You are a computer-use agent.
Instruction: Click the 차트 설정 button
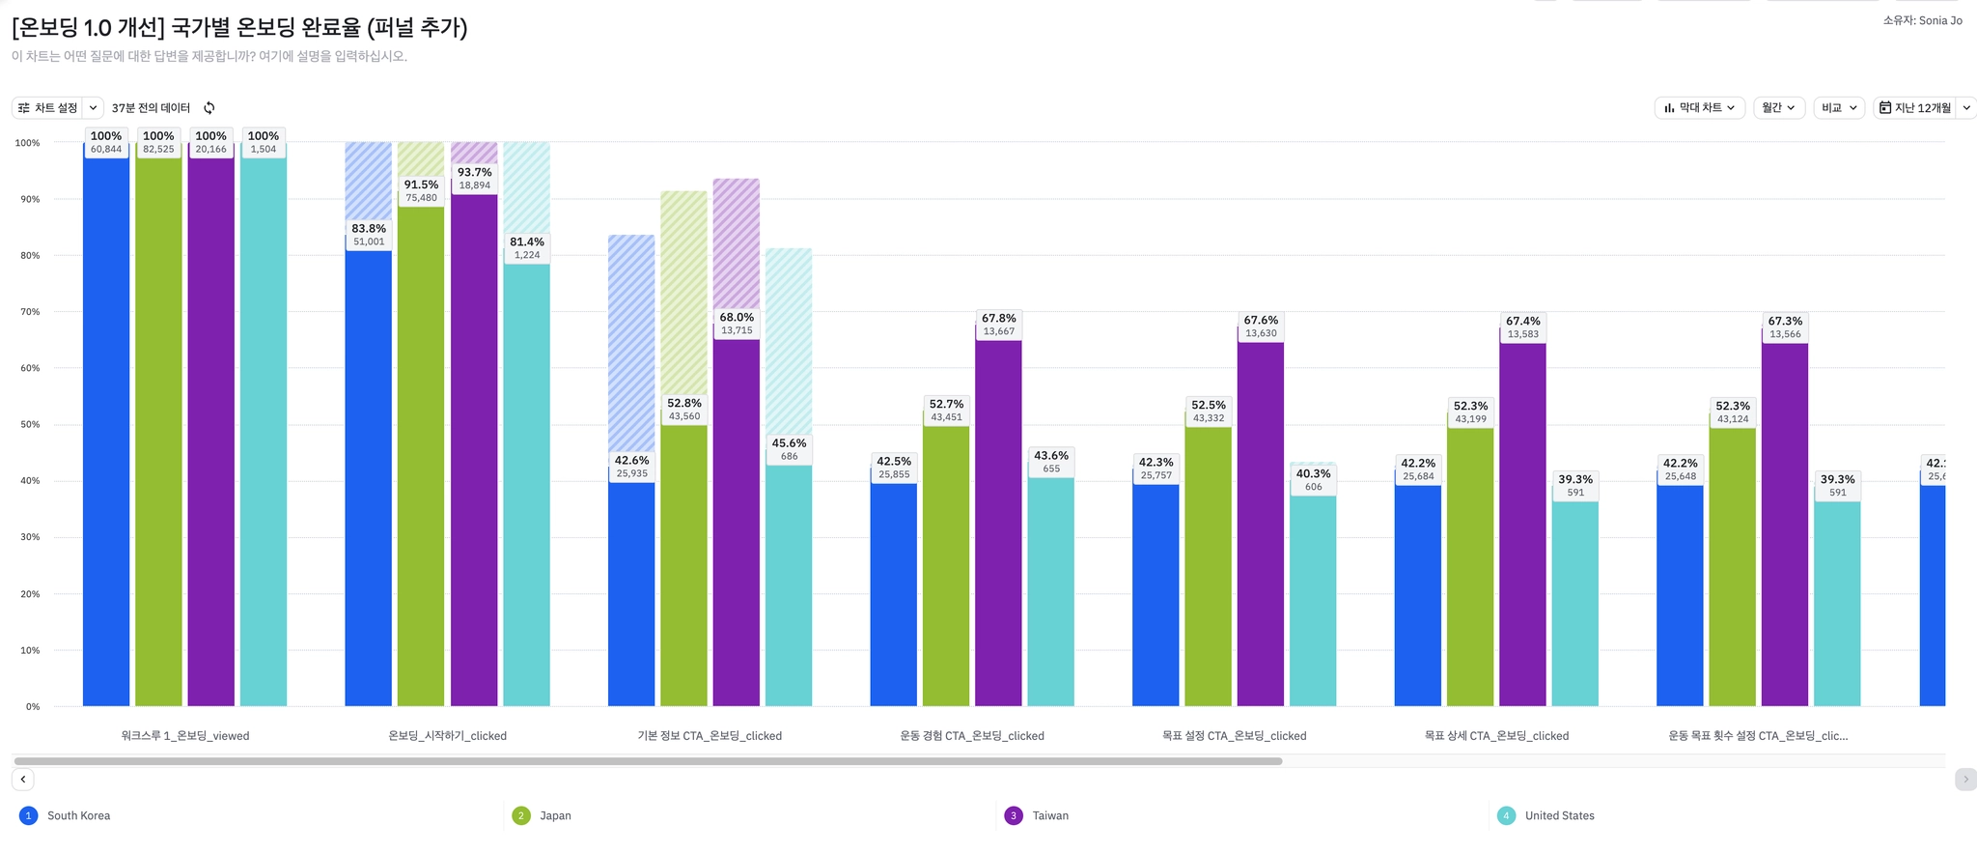pyautogui.click(x=48, y=108)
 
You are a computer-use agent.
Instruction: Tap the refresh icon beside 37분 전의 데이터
pyautogui.click(x=209, y=108)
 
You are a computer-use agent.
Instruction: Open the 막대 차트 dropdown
pyautogui.click(x=1699, y=108)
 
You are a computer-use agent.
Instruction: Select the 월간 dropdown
pyautogui.click(x=1778, y=108)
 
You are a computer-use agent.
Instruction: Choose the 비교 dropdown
pyautogui.click(x=1838, y=108)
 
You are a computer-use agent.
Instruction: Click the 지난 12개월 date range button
pyautogui.click(x=1915, y=108)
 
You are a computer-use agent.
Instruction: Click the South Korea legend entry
pyautogui.click(x=78, y=816)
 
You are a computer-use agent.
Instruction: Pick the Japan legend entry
pyautogui.click(x=554, y=816)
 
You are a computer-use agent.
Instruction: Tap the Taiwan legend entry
pyautogui.click(x=1049, y=816)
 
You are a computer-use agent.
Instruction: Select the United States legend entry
pyautogui.click(x=1558, y=816)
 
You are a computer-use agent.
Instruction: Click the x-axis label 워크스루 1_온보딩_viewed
pyautogui.click(x=185, y=736)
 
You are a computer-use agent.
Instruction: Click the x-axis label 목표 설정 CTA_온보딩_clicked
pyautogui.click(x=1234, y=736)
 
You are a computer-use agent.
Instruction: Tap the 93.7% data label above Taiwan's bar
pyautogui.click(x=474, y=179)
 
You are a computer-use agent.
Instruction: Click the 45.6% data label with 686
pyautogui.click(x=789, y=449)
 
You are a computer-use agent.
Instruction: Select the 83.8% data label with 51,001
pyautogui.click(x=369, y=235)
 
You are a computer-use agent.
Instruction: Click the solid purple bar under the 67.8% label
pyautogui.click(x=998, y=522)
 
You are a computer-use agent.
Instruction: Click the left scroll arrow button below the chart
pyautogui.click(x=23, y=780)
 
